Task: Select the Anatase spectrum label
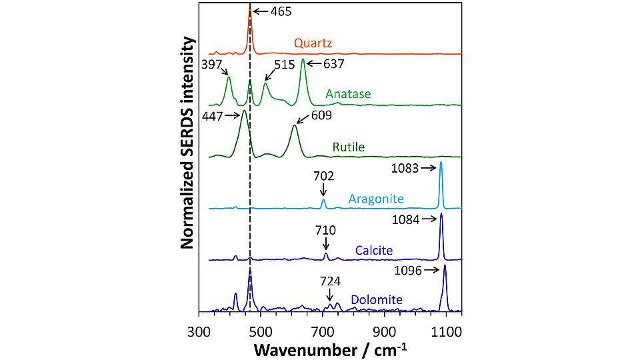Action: (348, 94)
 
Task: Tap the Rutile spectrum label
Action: (349, 147)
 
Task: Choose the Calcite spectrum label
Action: (373, 251)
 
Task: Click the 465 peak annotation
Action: (281, 11)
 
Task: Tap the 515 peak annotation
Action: (283, 65)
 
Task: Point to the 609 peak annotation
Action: (320, 115)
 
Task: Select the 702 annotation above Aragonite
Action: (323, 177)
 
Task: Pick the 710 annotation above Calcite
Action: (325, 230)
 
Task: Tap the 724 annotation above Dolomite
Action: (329, 281)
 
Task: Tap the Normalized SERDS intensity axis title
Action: (188, 143)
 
